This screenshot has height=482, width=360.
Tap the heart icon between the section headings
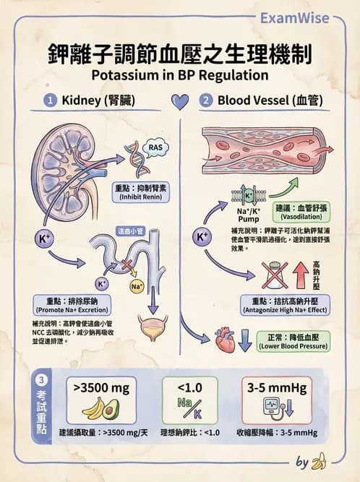tap(180, 100)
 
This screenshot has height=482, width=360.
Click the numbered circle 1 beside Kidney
tap(51, 100)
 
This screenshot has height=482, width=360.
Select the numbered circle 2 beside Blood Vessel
tap(205, 100)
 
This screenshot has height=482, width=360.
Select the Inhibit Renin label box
tap(142, 192)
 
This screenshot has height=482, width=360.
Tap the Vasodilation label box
tap(291, 212)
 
